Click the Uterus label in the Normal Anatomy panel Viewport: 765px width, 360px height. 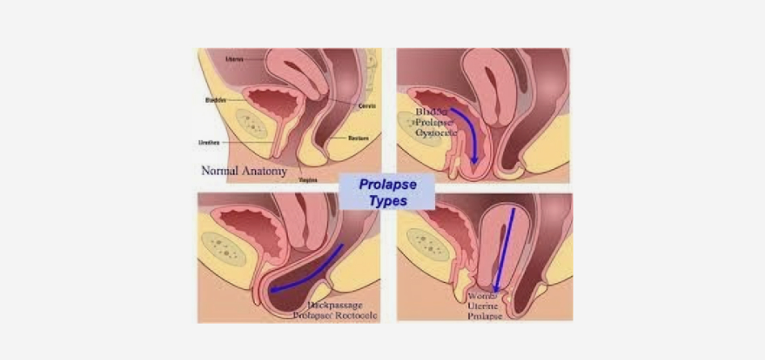point(235,58)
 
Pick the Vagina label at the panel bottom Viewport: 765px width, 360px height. point(307,180)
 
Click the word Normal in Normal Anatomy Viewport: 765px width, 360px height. point(220,171)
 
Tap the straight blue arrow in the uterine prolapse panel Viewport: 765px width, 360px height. point(503,251)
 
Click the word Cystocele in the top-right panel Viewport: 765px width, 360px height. point(437,130)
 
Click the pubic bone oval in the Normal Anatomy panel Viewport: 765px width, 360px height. point(253,124)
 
